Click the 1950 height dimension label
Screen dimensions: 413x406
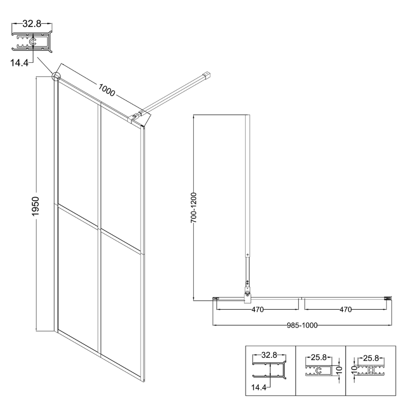point(35,206)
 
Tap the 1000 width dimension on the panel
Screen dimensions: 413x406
point(107,90)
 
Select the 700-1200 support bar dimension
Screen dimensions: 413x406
point(194,208)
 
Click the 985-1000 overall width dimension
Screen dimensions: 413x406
point(302,325)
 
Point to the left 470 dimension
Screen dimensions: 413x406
point(257,310)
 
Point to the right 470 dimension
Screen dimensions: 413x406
point(346,310)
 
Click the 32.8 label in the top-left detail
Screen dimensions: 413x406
point(32,24)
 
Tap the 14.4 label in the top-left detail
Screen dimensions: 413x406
point(19,63)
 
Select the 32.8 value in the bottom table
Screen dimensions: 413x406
point(269,355)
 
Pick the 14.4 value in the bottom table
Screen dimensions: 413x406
point(259,387)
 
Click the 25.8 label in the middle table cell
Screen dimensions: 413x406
point(319,357)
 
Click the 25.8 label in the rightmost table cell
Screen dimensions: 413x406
point(371,358)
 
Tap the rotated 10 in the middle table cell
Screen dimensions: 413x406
point(339,370)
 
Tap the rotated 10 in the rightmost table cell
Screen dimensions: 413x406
point(354,370)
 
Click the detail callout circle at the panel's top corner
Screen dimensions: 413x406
point(56,76)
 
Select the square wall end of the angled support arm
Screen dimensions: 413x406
point(207,75)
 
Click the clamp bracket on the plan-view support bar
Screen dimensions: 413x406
point(248,296)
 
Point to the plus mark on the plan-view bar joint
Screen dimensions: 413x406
point(247,255)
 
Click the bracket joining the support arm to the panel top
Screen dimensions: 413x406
point(136,117)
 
